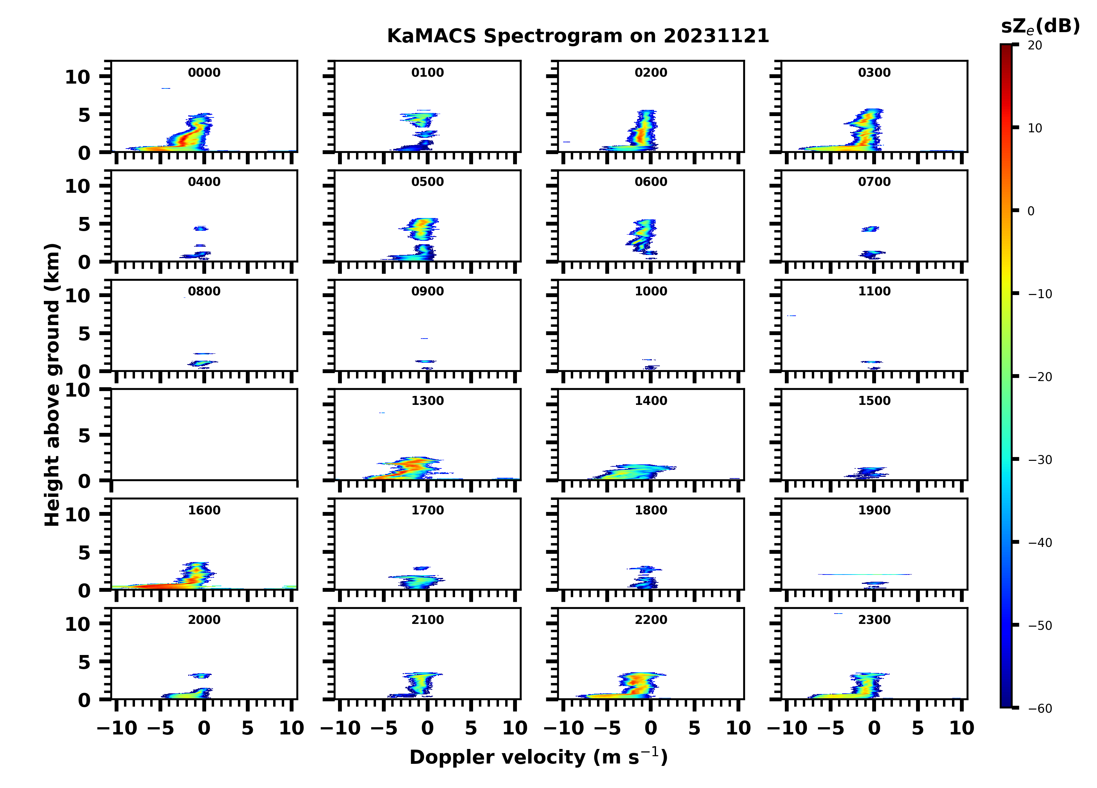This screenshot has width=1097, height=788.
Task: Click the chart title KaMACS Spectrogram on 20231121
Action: (x=578, y=36)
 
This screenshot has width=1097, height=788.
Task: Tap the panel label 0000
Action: (x=204, y=73)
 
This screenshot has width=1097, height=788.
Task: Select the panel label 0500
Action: (x=427, y=182)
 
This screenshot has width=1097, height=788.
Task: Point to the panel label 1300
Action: (x=427, y=401)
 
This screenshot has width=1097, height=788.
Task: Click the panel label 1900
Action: (x=874, y=510)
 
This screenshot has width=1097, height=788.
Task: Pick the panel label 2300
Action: (x=874, y=619)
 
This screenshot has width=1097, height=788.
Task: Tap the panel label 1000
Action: (x=651, y=291)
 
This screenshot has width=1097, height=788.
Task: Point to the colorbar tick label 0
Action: (x=1031, y=211)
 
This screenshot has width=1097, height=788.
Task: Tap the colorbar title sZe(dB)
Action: (x=1040, y=27)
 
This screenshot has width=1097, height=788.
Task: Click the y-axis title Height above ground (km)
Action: (x=52, y=385)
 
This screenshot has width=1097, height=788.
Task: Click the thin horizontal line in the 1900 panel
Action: (x=864, y=575)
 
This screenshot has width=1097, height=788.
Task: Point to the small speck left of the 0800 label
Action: (x=184, y=297)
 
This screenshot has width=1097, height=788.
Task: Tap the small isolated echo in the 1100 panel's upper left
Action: (x=791, y=316)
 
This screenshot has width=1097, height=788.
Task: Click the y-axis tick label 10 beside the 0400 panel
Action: (x=77, y=186)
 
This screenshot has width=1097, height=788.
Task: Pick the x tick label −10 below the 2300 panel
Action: (x=787, y=728)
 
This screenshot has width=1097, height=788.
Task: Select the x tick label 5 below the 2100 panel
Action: (x=471, y=728)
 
